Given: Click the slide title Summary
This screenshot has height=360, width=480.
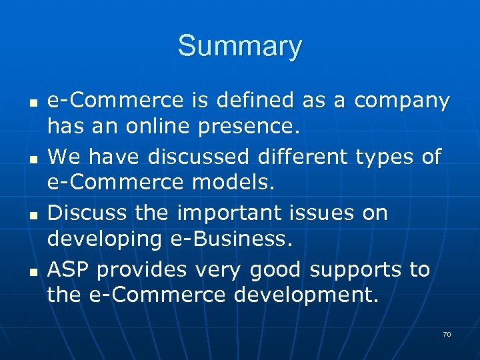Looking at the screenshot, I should tap(239, 47).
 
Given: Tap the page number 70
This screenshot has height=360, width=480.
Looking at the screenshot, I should tap(447, 334).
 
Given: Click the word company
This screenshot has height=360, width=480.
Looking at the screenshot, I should tap(402, 101).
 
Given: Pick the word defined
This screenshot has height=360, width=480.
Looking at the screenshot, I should tap(257, 101).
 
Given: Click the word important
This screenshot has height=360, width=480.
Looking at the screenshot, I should tap(229, 214).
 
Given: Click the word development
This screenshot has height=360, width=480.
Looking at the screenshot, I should tap(306, 294).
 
